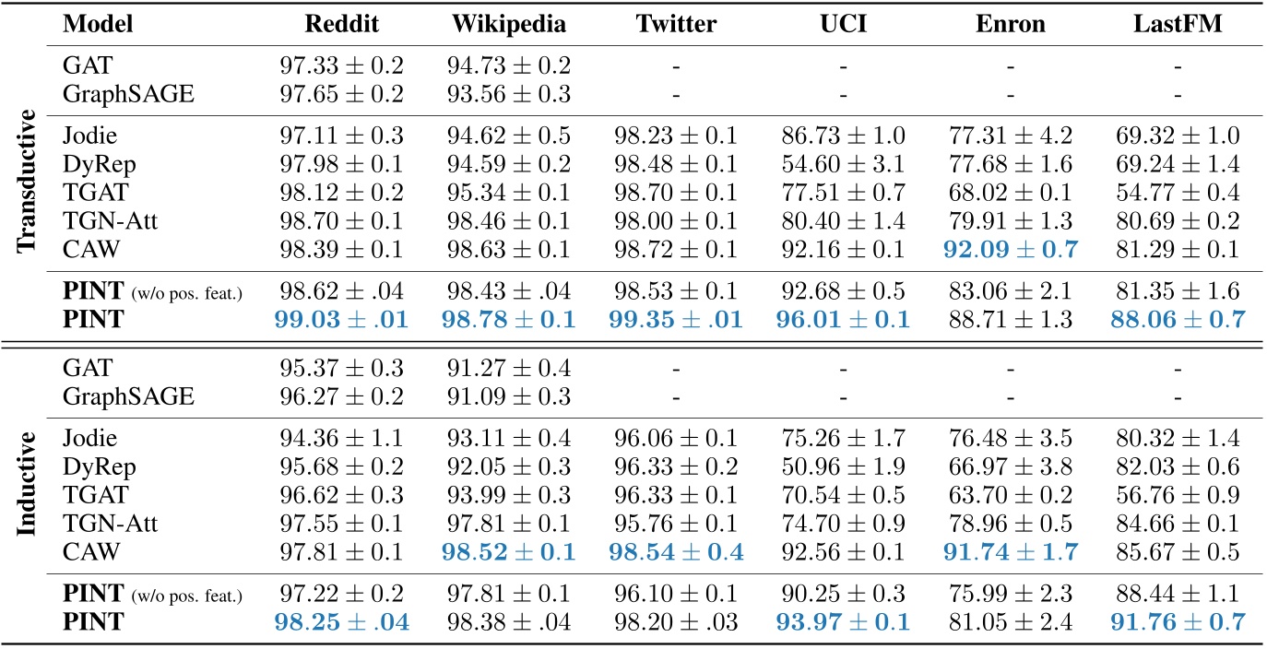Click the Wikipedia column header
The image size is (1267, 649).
pyautogui.click(x=511, y=24)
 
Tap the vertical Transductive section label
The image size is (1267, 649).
pyautogui.click(x=27, y=180)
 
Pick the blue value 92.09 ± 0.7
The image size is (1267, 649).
pyautogui.click(x=1011, y=249)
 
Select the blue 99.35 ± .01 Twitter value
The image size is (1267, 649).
pyautogui.click(x=677, y=320)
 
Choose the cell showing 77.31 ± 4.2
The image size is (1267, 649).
pyautogui.click(x=1011, y=137)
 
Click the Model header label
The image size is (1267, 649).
pyautogui.click(x=98, y=24)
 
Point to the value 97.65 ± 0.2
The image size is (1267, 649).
pyautogui.click(x=341, y=93)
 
